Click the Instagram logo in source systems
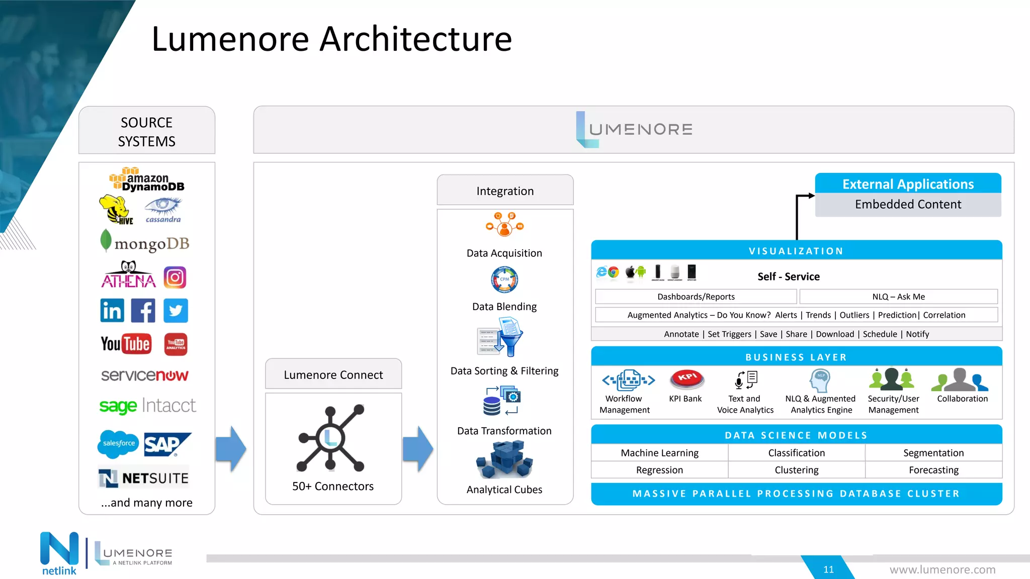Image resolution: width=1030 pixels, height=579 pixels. [175, 277]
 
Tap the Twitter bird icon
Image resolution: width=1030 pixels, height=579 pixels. [176, 311]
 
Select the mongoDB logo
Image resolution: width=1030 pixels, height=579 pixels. [145, 243]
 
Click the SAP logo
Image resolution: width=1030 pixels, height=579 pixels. [167, 444]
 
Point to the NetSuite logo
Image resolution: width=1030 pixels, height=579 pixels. [144, 478]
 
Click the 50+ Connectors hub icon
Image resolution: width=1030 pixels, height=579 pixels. [330, 438]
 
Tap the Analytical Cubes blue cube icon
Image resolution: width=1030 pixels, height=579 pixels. [504, 459]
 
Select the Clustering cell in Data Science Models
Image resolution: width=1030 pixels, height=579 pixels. [796, 470]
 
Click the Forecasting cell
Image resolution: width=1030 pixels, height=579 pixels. [933, 470]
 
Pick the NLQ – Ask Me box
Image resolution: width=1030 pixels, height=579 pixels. [898, 297]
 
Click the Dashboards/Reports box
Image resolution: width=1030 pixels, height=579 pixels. [696, 297]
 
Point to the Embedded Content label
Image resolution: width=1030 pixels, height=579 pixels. [908, 205]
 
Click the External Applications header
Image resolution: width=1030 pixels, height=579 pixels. [908, 184]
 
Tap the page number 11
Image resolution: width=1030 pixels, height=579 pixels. [828, 569]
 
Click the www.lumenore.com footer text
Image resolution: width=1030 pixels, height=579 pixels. [942, 569]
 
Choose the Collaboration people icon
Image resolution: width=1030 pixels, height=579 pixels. [960, 380]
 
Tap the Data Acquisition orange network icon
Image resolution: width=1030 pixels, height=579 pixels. [504, 225]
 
